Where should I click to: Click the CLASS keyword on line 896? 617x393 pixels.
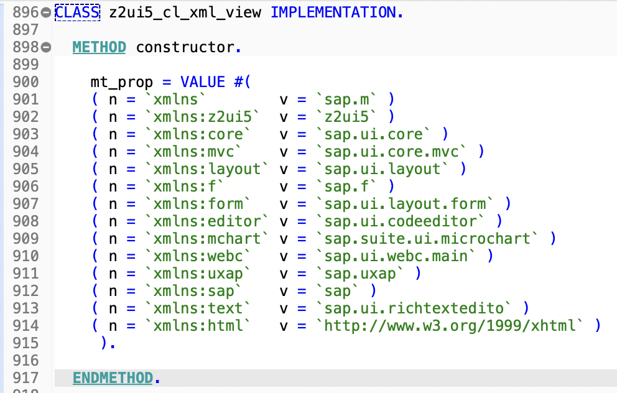[x=77, y=12]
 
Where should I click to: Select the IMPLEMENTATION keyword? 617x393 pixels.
[x=336, y=12]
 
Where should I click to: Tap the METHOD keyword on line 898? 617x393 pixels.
[x=99, y=47]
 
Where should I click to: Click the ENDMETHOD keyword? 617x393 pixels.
[x=112, y=377]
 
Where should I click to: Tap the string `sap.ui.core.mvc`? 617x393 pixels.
[x=396, y=151]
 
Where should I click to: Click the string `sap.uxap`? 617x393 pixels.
[x=361, y=273]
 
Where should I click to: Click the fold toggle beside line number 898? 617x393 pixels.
[x=46, y=47]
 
